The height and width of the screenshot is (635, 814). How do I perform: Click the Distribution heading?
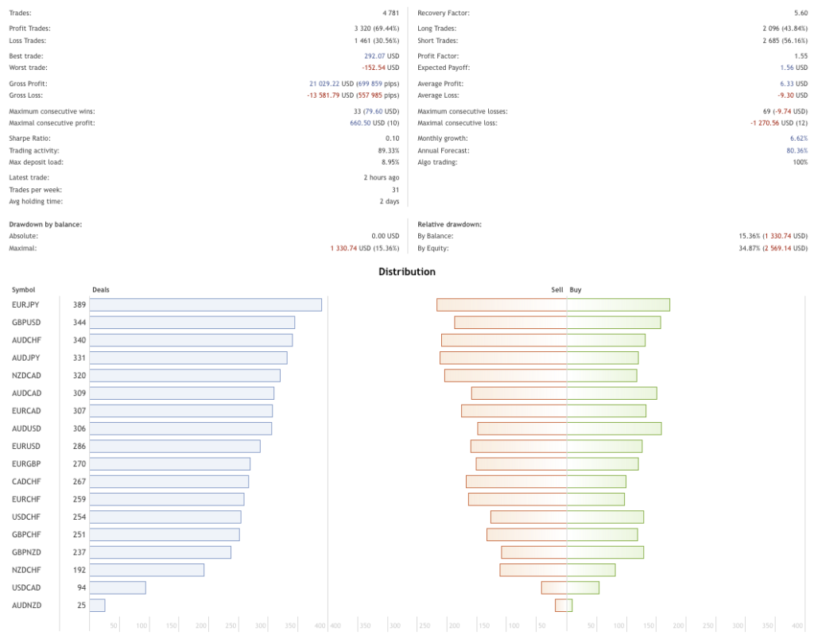pyautogui.click(x=407, y=272)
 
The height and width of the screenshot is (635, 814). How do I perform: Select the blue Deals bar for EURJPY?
pyautogui.click(x=206, y=304)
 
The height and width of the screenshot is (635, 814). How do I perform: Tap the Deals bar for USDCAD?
pyautogui.click(x=118, y=587)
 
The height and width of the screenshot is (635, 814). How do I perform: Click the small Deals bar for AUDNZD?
pyautogui.click(x=97, y=605)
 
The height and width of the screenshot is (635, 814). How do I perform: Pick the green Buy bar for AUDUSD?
pyautogui.click(x=614, y=428)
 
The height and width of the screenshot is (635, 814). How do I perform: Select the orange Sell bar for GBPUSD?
pyautogui.click(x=510, y=322)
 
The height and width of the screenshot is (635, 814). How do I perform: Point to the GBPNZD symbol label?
pyautogui.click(x=26, y=552)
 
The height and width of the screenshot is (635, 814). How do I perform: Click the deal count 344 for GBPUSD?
pyautogui.click(x=79, y=323)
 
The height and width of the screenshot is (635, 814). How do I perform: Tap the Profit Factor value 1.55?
pyautogui.click(x=800, y=56)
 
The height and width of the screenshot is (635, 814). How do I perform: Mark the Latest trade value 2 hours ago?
pyautogui.click(x=381, y=178)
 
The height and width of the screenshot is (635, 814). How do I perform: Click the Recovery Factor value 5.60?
pyautogui.click(x=800, y=14)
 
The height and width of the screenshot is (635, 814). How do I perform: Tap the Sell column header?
pyautogui.click(x=557, y=290)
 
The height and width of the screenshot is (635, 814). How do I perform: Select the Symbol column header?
pyautogui.click(x=24, y=290)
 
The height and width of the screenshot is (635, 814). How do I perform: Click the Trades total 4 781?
pyautogui.click(x=390, y=14)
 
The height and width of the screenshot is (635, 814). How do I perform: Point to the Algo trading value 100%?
pyautogui.click(x=800, y=162)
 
